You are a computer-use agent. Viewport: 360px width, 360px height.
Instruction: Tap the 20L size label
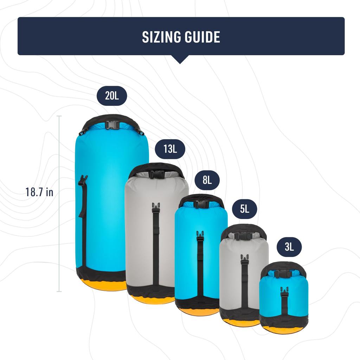pyautogui.click(x=112, y=95)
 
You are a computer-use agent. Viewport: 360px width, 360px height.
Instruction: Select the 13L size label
pyautogui.click(x=170, y=149)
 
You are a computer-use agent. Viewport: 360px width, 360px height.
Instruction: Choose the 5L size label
pyautogui.click(x=245, y=209)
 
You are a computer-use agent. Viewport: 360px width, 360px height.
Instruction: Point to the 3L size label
pyautogui.click(x=289, y=247)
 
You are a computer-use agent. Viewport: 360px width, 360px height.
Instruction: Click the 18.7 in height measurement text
pyautogui.click(x=39, y=192)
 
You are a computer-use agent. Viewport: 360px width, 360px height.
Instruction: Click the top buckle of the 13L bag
pyautogui.click(x=157, y=174)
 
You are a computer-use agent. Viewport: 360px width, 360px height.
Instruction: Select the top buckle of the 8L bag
pyautogui.click(x=201, y=204)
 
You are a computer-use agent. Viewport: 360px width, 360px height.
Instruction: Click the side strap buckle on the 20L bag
pyautogui.click(x=83, y=180)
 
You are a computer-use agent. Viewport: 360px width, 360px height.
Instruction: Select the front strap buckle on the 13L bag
pyautogui.click(x=156, y=208)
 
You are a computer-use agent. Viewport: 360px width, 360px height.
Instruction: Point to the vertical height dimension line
pyautogui.click(x=59, y=204)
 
